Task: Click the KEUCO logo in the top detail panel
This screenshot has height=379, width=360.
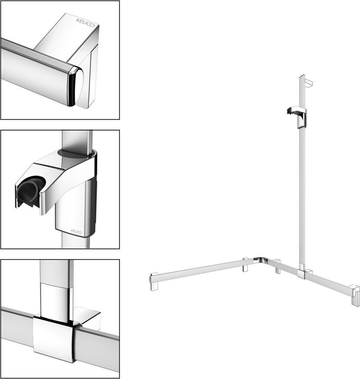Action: coord(86,22)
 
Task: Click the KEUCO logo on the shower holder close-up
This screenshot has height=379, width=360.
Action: coord(76,232)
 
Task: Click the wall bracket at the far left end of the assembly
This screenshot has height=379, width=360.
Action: coord(154,281)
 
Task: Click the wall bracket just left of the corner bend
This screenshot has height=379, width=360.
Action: coord(246,265)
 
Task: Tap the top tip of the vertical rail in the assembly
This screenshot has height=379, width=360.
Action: coord(302,76)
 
